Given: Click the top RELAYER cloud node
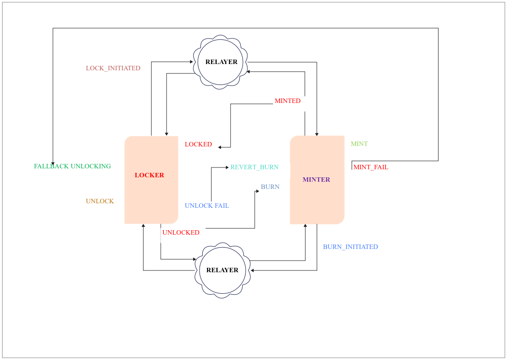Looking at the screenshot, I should [221, 62].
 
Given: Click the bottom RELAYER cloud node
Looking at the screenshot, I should [222, 270].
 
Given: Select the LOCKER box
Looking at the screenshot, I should [151, 180].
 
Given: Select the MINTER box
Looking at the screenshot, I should [317, 180].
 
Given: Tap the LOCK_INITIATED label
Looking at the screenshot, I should [113, 68].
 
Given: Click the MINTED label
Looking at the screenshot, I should [287, 101].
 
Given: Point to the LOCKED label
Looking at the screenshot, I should [198, 144].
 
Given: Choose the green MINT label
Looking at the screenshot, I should [359, 144].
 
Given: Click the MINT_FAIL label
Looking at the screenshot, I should [371, 167].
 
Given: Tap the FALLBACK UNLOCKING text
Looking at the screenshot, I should [72, 166].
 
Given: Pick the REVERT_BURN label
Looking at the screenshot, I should [254, 167].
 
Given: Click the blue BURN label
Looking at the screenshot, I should [270, 187].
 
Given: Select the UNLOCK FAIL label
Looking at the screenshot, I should [207, 206].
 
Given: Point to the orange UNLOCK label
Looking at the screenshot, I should [100, 201].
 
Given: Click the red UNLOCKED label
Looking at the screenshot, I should [181, 232].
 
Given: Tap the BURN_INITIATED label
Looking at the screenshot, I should [350, 247].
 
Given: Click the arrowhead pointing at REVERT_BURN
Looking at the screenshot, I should [227, 167].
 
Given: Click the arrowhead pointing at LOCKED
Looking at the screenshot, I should [220, 147].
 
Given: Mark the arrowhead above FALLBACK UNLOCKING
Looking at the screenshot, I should [53, 163].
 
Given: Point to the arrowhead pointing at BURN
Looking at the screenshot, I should [257, 191].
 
